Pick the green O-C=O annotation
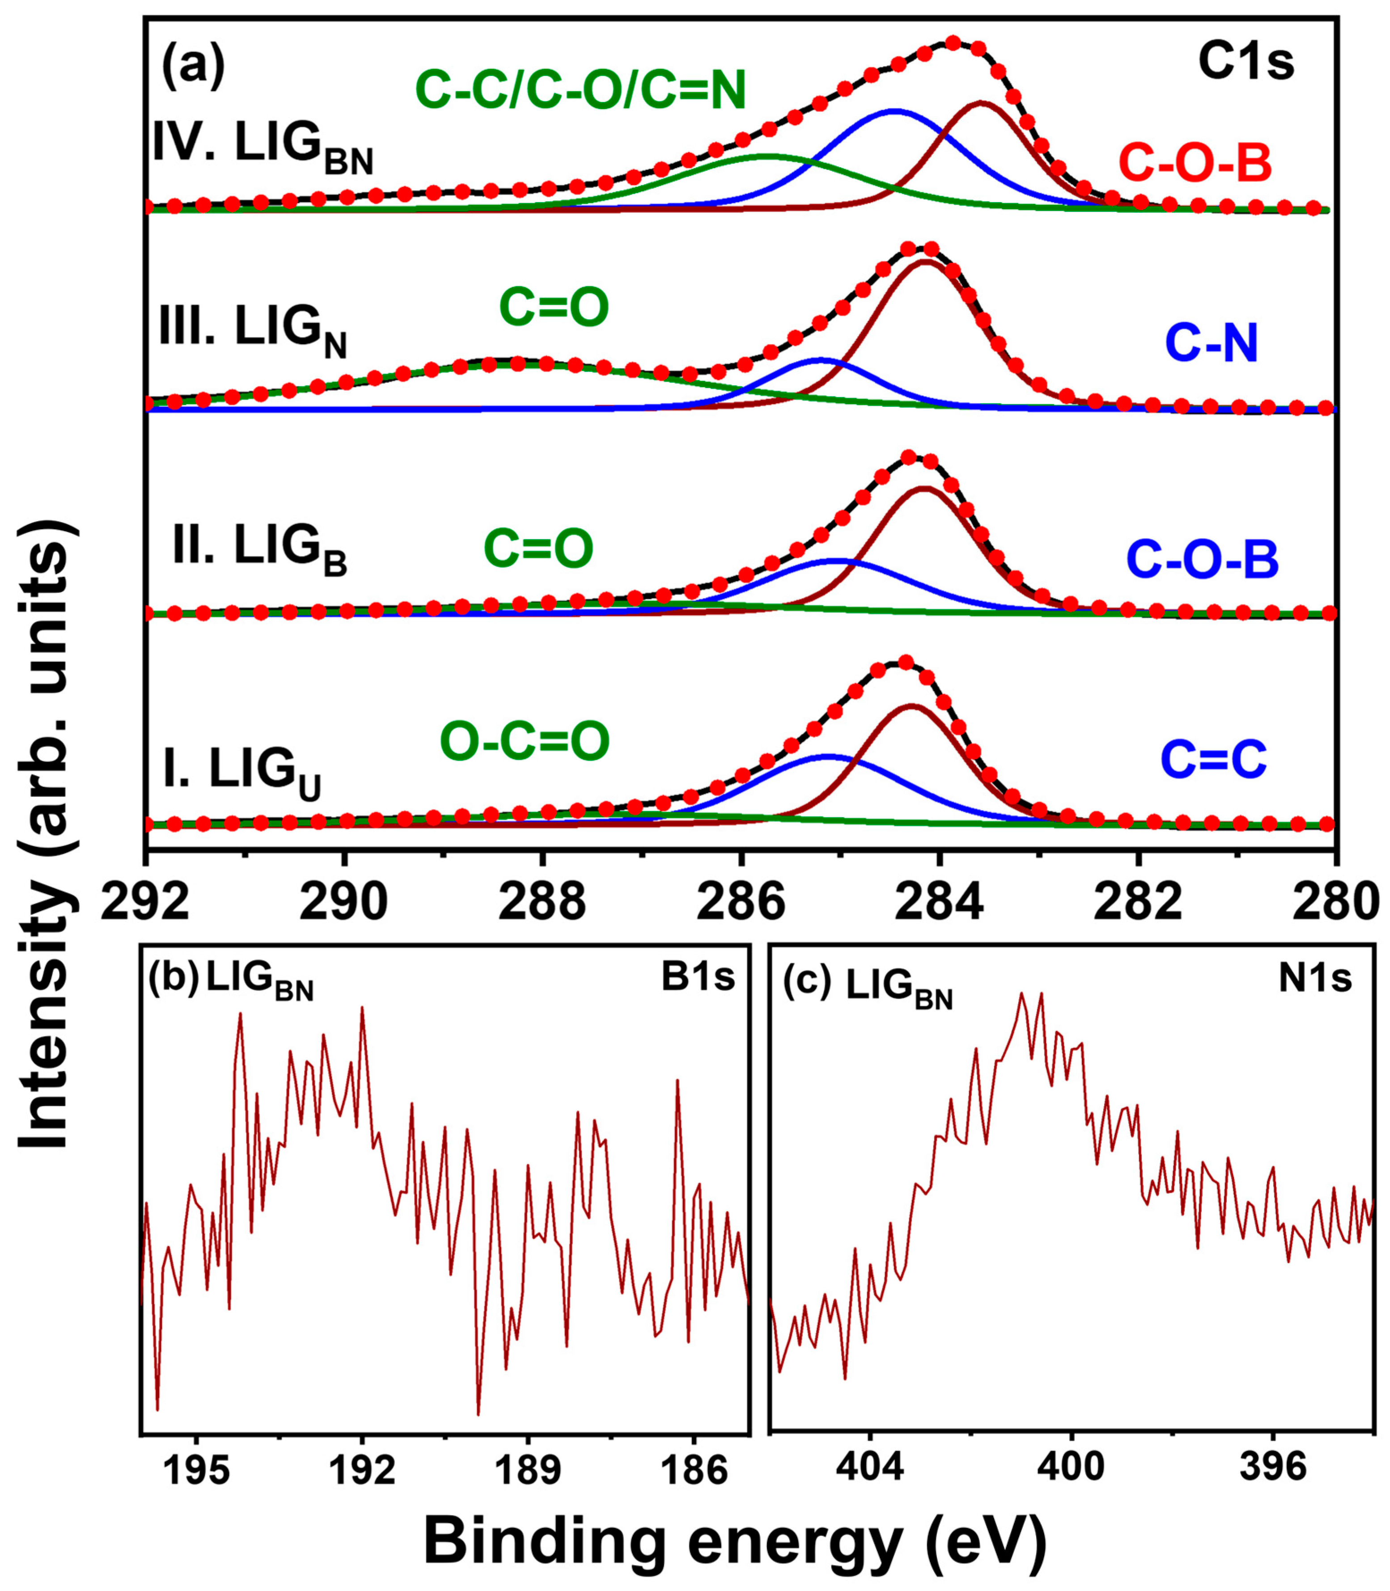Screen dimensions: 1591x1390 525,741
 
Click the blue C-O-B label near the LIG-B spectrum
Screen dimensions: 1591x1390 1202,560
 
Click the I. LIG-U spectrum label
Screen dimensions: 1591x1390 242,772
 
